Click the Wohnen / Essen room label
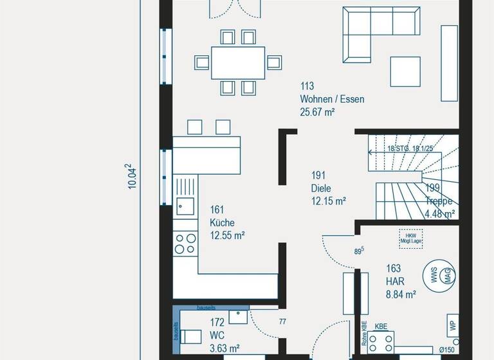click(x=331, y=99)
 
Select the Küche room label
click(x=222, y=222)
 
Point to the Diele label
click(x=320, y=188)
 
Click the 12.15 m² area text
click(x=328, y=201)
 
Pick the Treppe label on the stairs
click(x=439, y=201)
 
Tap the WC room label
click(x=217, y=336)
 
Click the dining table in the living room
click(x=237, y=62)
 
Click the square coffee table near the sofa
click(x=405, y=71)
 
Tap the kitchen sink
click(x=185, y=206)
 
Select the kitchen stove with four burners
click(x=185, y=243)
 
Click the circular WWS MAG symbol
click(x=440, y=276)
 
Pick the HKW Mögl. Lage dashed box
click(x=410, y=238)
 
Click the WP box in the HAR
click(x=453, y=325)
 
